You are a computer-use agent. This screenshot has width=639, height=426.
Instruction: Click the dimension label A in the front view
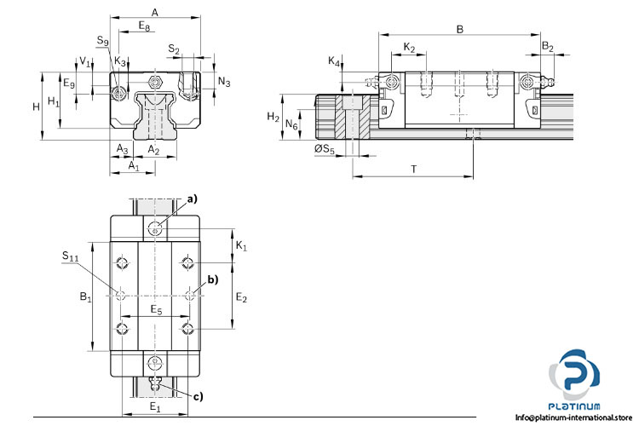click(x=154, y=12)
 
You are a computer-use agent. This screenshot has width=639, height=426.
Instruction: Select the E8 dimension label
click(x=146, y=26)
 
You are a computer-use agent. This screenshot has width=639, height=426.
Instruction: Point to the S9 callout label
click(x=103, y=41)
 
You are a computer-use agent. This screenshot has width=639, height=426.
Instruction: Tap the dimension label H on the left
click(x=36, y=106)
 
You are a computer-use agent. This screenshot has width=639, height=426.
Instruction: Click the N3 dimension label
click(x=224, y=82)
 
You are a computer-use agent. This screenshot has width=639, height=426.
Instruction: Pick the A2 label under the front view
click(x=154, y=149)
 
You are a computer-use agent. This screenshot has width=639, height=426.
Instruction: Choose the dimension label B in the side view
click(x=460, y=29)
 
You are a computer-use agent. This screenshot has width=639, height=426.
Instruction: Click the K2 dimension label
click(x=410, y=46)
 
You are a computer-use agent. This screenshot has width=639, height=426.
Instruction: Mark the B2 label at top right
click(x=548, y=46)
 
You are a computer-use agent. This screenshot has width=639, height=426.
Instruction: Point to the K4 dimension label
click(x=335, y=61)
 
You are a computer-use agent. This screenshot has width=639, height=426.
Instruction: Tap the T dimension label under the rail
click(x=413, y=169)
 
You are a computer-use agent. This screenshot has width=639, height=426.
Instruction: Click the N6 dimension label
click(x=291, y=124)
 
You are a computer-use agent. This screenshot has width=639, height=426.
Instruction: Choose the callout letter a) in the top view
click(x=192, y=199)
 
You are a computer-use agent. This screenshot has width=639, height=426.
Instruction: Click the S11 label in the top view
click(x=72, y=255)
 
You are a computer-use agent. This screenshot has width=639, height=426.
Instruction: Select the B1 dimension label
click(x=85, y=296)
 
